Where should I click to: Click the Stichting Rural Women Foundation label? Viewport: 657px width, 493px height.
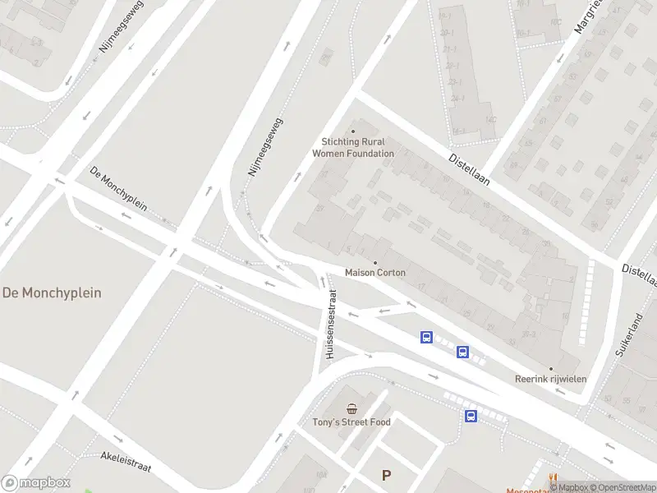(x=353, y=148)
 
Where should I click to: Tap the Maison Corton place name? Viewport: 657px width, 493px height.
(x=375, y=273)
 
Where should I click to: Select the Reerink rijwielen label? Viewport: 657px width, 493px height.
(x=550, y=379)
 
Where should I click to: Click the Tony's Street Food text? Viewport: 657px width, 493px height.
(x=351, y=422)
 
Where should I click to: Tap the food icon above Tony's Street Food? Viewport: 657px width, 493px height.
(x=351, y=409)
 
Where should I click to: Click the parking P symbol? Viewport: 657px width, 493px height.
(x=387, y=475)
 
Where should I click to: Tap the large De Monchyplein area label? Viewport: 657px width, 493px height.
(x=52, y=293)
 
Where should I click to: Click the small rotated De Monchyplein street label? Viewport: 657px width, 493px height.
(x=118, y=189)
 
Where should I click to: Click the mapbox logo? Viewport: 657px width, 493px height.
(x=36, y=483)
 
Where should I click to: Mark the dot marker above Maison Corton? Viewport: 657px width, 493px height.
(x=375, y=263)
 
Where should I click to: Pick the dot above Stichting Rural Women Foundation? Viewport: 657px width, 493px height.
(x=353, y=131)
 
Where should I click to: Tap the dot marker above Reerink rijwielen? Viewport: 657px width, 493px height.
(x=550, y=369)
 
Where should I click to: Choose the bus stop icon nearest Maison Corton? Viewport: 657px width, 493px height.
(x=426, y=337)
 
